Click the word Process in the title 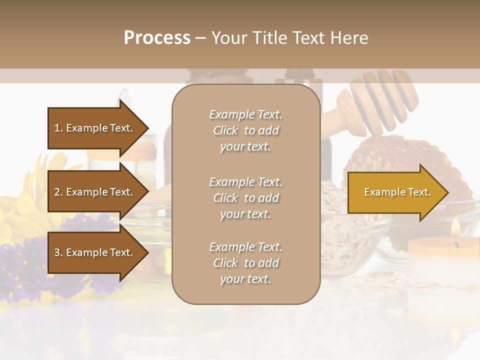(x=157, y=38)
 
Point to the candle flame (x=455, y=229)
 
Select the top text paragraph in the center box (x=245, y=130)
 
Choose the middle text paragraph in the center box (x=245, y=198)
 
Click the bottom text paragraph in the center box (x=245, y=263)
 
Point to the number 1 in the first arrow (x=57, y=128)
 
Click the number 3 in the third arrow (x=57, y=252)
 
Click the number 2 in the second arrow (x=57, y=192)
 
